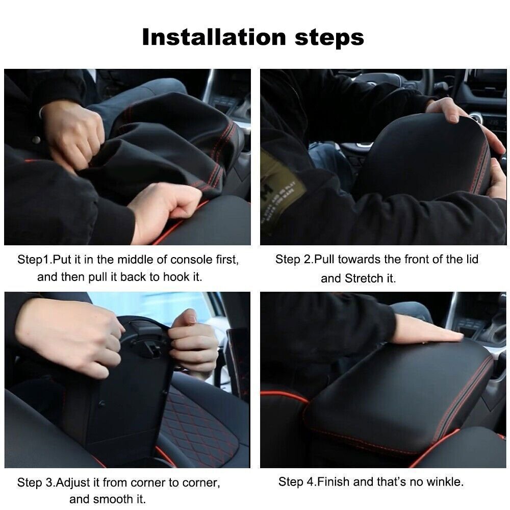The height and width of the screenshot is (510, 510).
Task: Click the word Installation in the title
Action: pyautogui.click(x=214, y=37)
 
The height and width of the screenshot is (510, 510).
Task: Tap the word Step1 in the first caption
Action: pyautogui.click(x=33, y=260)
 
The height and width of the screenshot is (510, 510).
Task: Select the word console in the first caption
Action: pyautogui.click(x=191, y=260)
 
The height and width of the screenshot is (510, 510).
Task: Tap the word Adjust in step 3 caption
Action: pyautogui.click(x=73, y=482)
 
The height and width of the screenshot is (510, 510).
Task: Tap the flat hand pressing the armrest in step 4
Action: pyautogui.click(x=427, y=329)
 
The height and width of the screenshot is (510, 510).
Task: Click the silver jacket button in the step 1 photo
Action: pyautogui.click(x=36, y=140)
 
